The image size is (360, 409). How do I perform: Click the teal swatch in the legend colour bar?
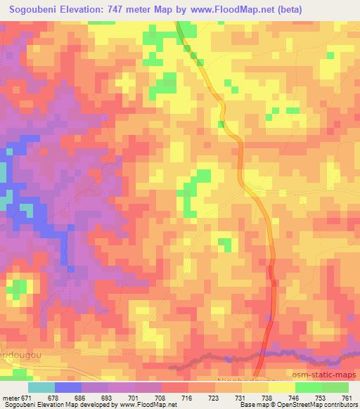point(41,387)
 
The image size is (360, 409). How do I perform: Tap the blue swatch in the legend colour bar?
point(68,387)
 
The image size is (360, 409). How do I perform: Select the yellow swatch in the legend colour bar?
point(282,387)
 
